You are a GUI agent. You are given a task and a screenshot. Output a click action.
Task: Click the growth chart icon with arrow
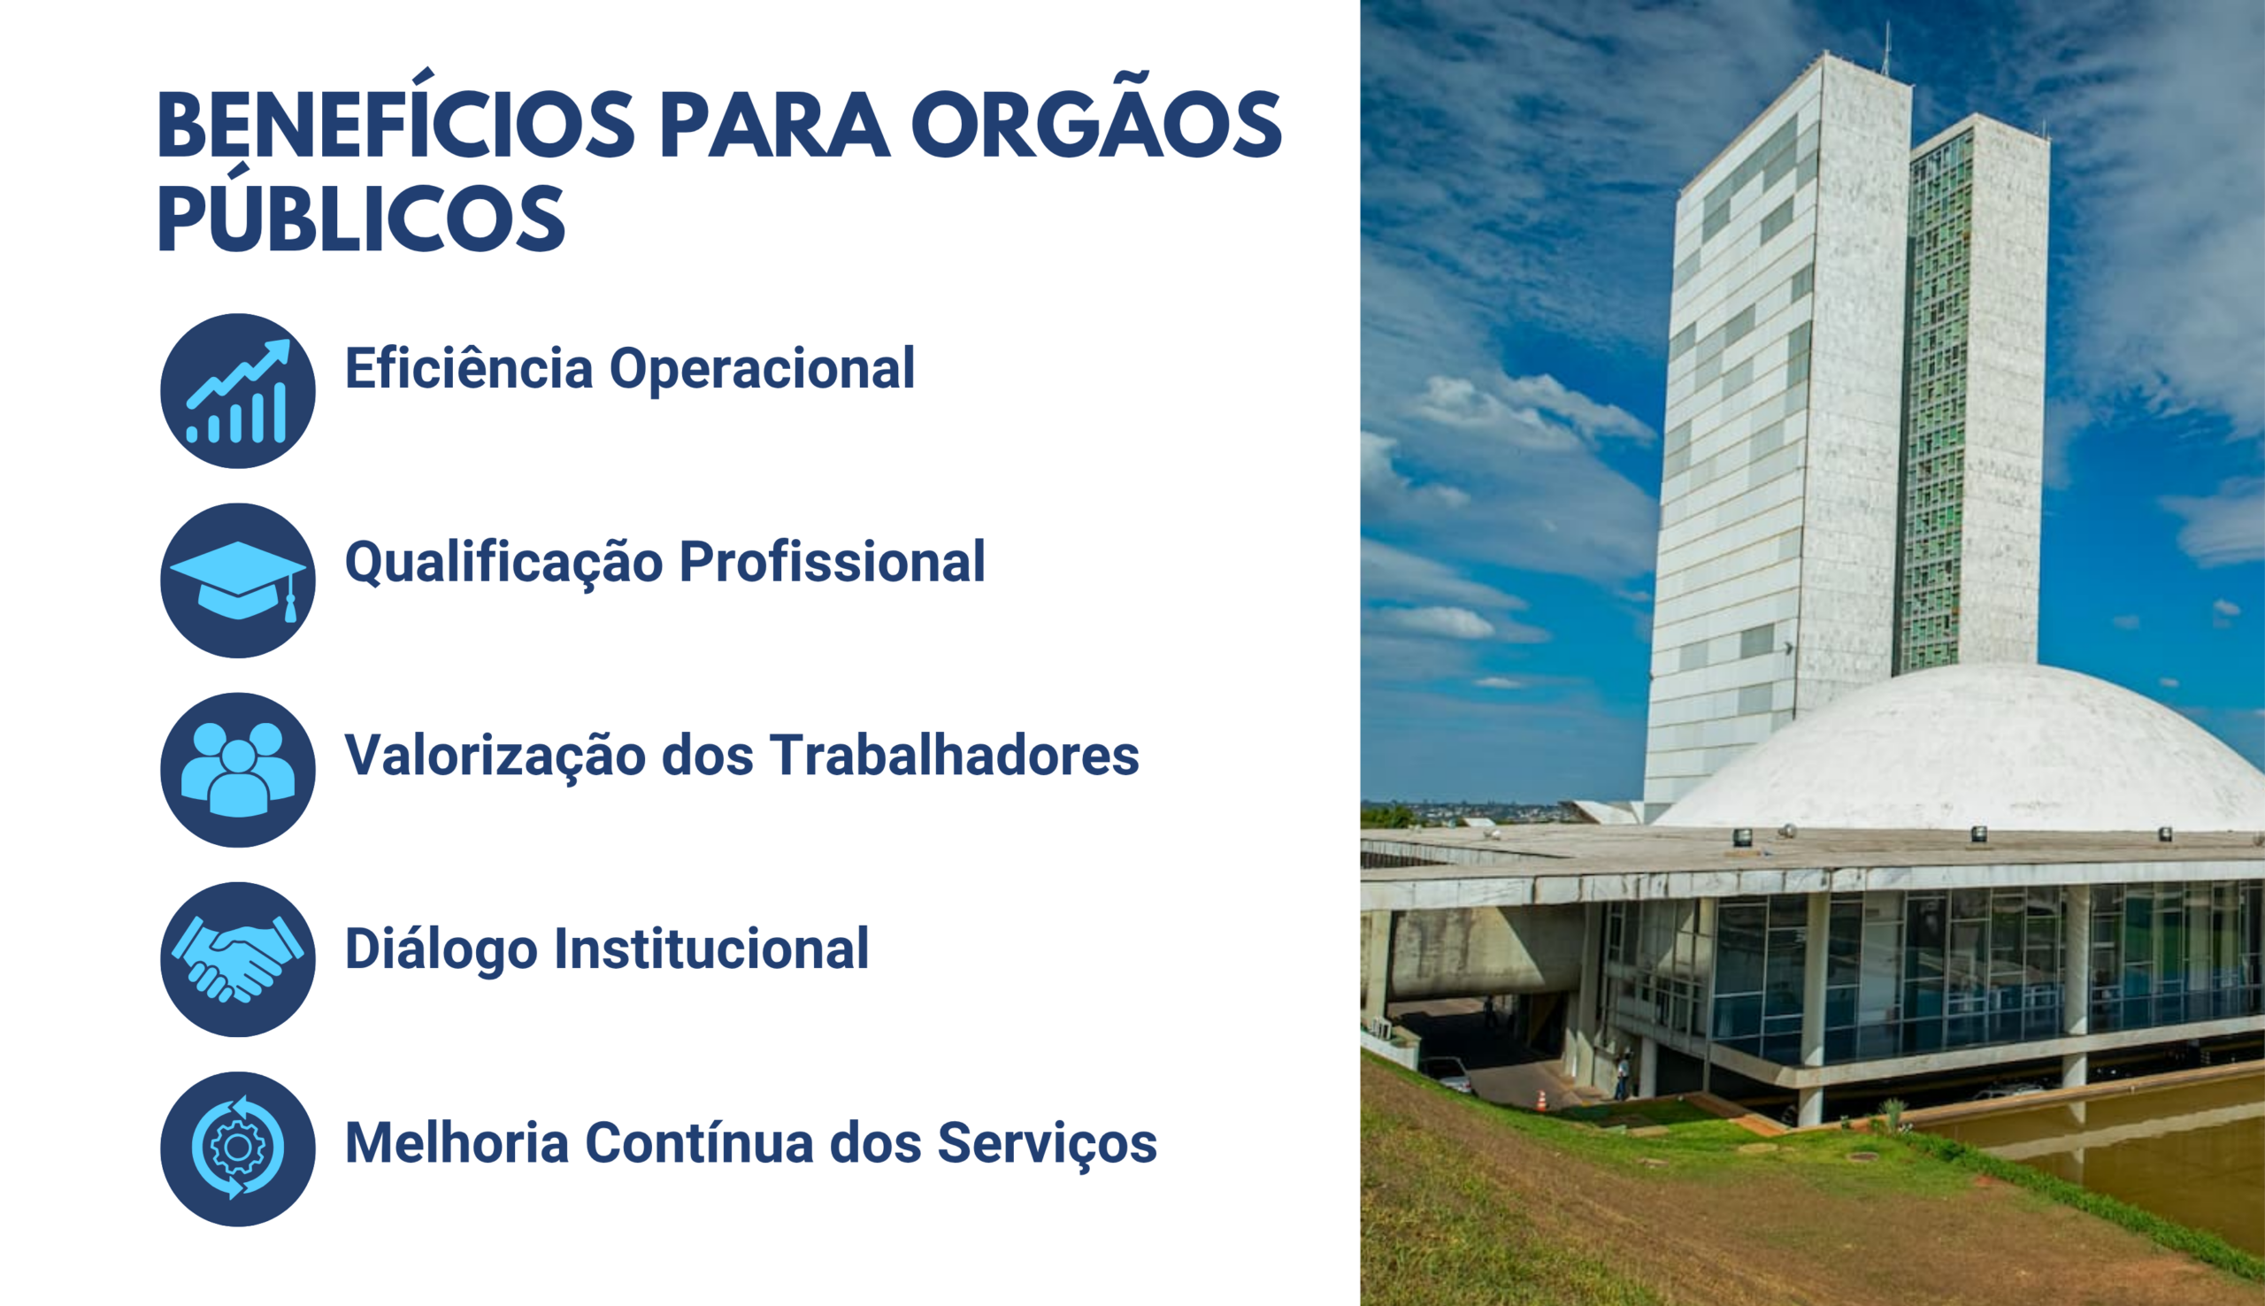pyautogui.click(x=238, y=391)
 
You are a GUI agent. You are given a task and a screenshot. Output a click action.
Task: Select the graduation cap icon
pyautogui.click(x=238, y=580)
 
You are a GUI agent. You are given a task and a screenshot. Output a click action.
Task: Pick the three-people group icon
pyautogui.click(x=238, y=770)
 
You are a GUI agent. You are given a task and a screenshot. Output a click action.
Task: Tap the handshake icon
pyautogui.click(x=238, y=959)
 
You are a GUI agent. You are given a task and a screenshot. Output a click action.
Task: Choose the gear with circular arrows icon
pyautogui.click(x=238, y=1149)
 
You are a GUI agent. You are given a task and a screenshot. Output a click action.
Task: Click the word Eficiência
pyautogui.click(x=469, y=368)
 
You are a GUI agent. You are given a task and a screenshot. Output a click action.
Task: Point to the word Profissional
pyautogui.click(x=832, y=562)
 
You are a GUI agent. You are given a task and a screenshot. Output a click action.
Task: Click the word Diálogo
pyautogui.click(x=441, y=949)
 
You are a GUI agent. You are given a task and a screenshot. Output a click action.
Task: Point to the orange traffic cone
pyautogui.click(x=1541, y=1100)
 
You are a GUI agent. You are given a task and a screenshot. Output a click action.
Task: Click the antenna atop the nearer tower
pyautogui.click(x=1886, y=49)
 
